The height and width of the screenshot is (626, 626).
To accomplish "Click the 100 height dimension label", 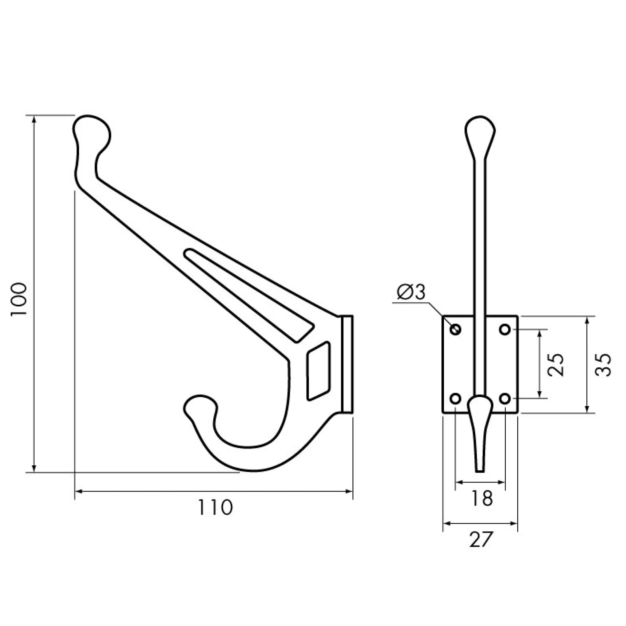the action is pyautogui.click(x=18, y=300).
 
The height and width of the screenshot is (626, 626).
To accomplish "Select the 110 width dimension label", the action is pyautogui.click(x=215, y=507).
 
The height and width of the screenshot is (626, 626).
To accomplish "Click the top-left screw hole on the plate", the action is pyautogui.click(x=456, y=330).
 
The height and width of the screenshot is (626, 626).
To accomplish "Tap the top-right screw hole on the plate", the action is pyautogui.click(x=505, y=330).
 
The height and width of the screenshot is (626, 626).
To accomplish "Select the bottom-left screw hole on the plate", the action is pyautogui.click(x=456, y=399).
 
